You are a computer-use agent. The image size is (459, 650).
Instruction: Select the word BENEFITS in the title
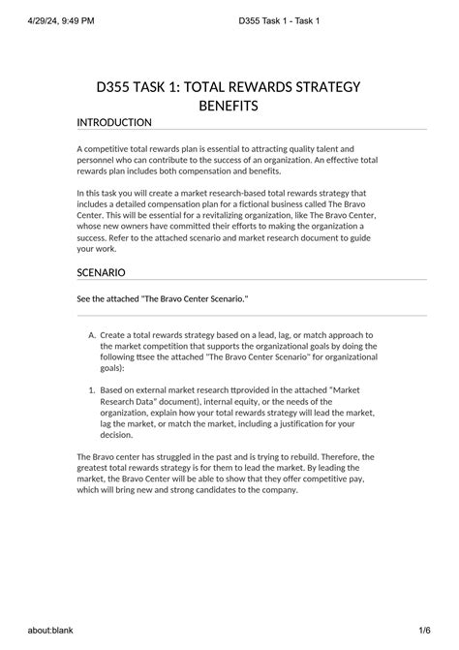pyautogui.click(x=229, y=105)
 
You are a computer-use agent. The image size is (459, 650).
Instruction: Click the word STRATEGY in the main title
pyautogui.click(x=319, y=87)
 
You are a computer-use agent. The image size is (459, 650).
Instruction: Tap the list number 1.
pyautogui.click(x=91, y=389)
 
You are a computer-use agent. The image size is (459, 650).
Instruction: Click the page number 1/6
pyautogui.click(x=425, y=632)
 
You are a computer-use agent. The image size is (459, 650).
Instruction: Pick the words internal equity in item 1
pyautogui.click(x=232, y=401)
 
